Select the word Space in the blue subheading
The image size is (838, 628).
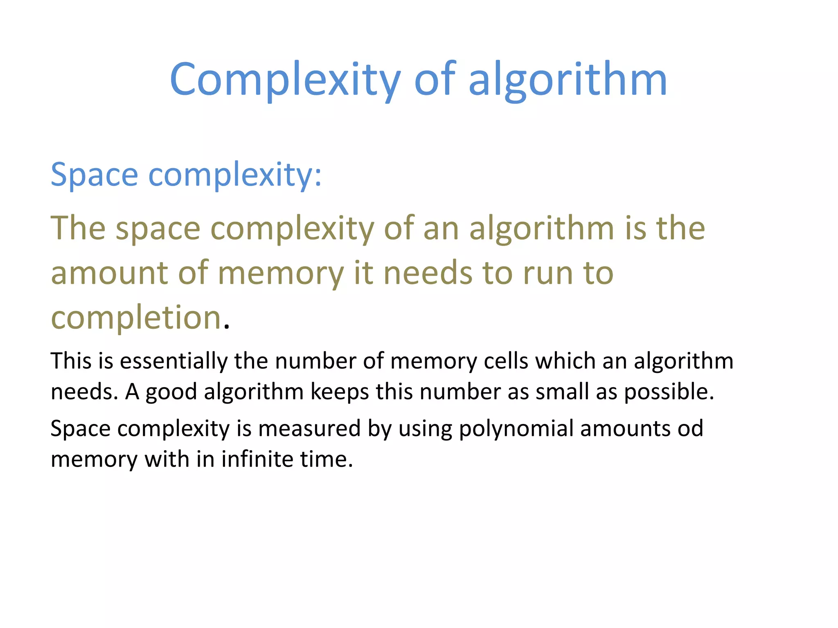coord(94,175)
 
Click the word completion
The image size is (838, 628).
coord(136,318)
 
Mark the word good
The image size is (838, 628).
coord(171,392)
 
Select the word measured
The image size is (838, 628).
coord(309,428)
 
